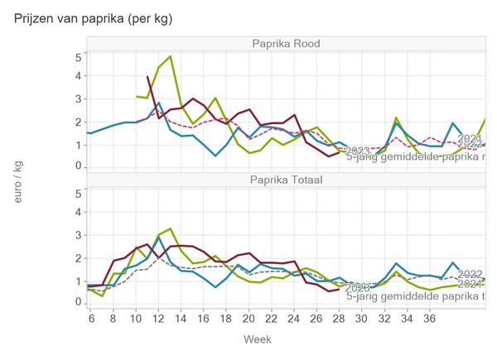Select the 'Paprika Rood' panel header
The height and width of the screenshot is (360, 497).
(287, 44)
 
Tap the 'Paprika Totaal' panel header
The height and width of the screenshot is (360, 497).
(287, 180)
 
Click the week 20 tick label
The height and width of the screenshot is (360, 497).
(248, 317)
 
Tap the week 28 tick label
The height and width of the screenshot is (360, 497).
(338, 317)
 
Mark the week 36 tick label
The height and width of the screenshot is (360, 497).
(427, 317)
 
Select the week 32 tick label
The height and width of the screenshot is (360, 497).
(383, 317)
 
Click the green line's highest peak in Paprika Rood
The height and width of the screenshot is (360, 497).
(170, 57)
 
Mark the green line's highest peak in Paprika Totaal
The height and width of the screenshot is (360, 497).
(170, 228)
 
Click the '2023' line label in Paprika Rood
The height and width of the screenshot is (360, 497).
(359, 151)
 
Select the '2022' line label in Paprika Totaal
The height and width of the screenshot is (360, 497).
(470, 274)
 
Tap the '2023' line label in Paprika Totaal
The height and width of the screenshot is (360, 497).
(358, 288)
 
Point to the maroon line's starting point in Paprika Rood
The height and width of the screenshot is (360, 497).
(147, 77)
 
